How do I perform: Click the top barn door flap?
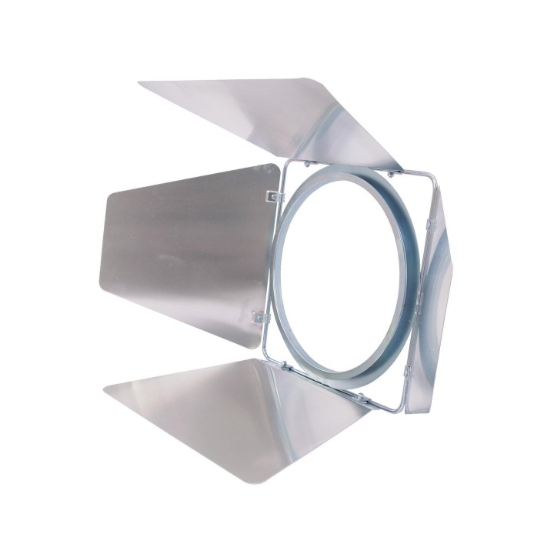[277, 115]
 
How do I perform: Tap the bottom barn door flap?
[246, 415]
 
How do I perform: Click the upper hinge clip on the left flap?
[273, 197]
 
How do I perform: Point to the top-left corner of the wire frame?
[289, 162]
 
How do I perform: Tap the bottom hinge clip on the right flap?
[408, 372]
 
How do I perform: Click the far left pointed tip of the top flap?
[141, 83]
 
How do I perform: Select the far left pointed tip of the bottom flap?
[105, 385]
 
